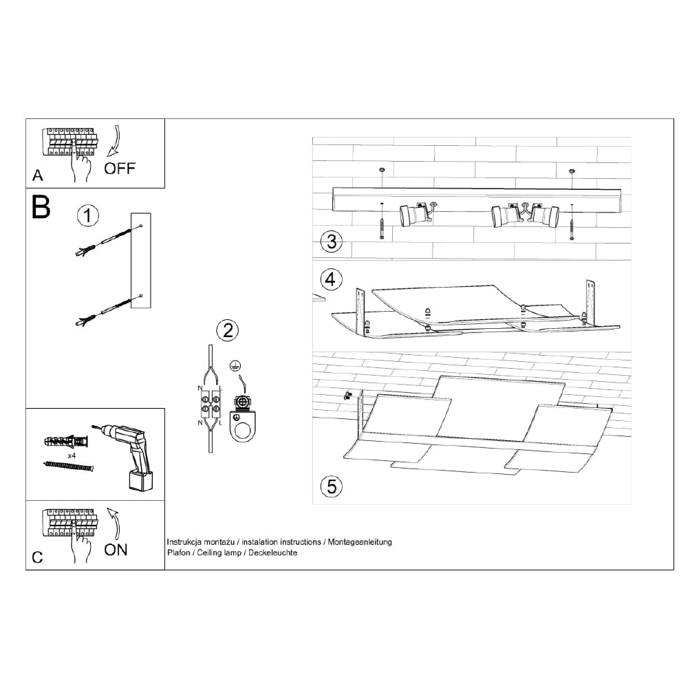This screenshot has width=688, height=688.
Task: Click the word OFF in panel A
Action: (119, 168)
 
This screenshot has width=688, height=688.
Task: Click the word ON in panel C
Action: (116, 550)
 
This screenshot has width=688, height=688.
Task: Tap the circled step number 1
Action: (88, 216)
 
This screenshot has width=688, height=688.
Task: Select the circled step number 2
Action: (228, 330)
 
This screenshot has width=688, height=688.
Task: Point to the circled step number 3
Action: (332, 241)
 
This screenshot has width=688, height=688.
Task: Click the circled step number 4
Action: (332, 279)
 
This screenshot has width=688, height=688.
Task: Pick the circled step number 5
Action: (332, 486)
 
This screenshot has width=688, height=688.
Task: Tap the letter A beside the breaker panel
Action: (38, 175)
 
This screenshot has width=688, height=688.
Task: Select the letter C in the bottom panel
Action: (38, 557)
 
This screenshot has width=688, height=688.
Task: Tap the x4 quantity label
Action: (72, 456)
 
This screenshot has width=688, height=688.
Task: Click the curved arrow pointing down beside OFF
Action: (114, 141)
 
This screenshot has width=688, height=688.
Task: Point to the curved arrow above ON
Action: (114, 524)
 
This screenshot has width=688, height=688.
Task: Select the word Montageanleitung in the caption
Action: (360, 542)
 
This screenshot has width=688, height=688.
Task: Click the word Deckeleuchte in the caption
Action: (273, 553)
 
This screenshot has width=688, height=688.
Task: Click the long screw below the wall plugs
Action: (69, 466)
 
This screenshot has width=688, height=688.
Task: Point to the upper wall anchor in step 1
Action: (104, 241)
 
